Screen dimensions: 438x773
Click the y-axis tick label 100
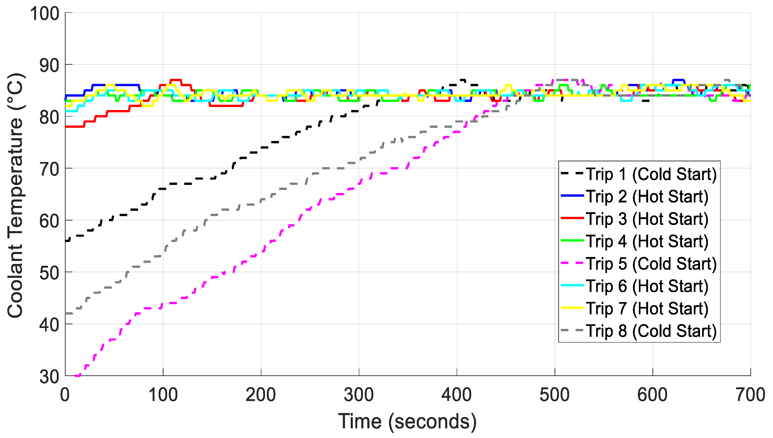click(45, 14)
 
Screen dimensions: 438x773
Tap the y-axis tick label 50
click(49, 273)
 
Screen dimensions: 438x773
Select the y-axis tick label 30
click(49, 377)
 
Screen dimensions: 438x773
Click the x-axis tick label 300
click(359, 395)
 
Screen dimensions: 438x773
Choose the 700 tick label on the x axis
click(750, 395)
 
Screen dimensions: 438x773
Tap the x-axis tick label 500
click(555, 395)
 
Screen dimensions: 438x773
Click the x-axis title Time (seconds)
click(407, 421)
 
